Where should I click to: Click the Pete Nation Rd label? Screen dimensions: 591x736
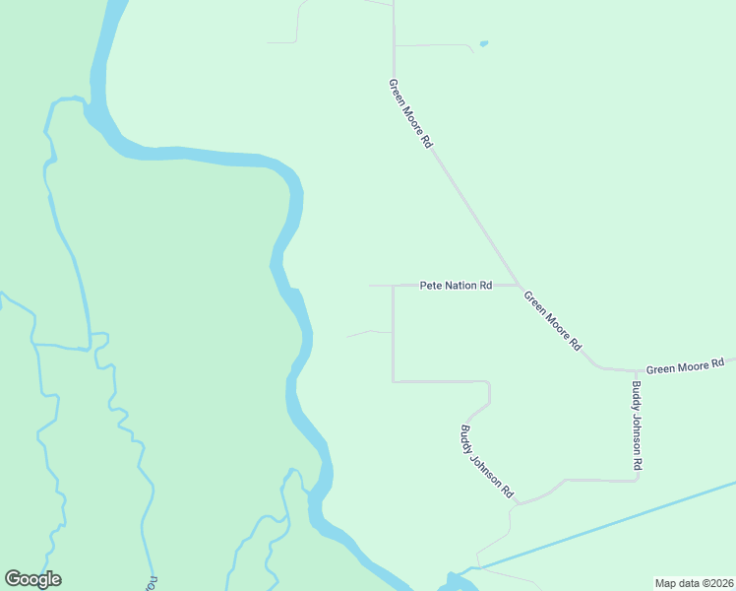click(456, 286)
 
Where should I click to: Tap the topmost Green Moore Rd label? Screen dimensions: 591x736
click(410, 113)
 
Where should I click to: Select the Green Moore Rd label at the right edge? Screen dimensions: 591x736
click(686, 366)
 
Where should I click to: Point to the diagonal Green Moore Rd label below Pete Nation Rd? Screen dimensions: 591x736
click(553, 320)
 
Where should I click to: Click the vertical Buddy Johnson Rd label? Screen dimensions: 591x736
click(638, 425)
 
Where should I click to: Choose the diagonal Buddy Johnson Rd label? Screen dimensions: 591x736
click(487, 460)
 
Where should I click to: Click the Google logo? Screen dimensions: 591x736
click(32, 579)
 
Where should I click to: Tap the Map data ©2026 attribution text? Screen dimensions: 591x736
click(694, 582)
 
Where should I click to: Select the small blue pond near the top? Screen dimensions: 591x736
click(482, 43)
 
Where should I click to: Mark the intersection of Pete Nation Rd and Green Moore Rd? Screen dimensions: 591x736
click(519, 286)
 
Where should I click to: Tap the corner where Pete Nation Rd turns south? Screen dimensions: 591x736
click(394, 287)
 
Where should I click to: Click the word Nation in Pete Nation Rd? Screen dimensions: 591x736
click(460, 286)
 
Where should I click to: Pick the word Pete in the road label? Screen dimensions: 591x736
click(430, 286)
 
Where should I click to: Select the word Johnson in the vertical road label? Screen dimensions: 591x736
click(638, 427)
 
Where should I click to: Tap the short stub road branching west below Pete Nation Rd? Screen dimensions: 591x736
click(369, 333)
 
